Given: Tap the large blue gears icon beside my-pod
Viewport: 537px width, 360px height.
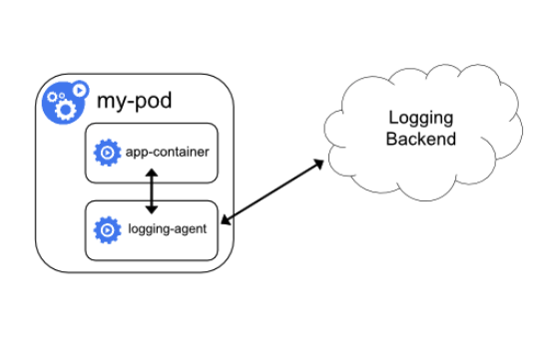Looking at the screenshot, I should pyautogui.click(x=63, y=101).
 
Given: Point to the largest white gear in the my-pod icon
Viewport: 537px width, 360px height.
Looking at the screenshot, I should pyautogui.click(x=65, y=107).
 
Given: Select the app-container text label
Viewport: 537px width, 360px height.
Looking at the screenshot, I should pyautogui.click(x=167, y=153).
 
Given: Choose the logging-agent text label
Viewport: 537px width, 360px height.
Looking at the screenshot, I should pyautogui.click(x=168, y=229).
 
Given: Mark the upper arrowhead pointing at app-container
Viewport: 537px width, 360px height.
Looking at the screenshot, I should pyautogui.click(x=151, y=173).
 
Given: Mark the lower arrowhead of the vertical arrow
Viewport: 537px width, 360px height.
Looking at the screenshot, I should pyautogui.click(x=151, y=209).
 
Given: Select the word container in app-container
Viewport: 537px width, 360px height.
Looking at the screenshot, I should pyautogui.click(x=181, y=153).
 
